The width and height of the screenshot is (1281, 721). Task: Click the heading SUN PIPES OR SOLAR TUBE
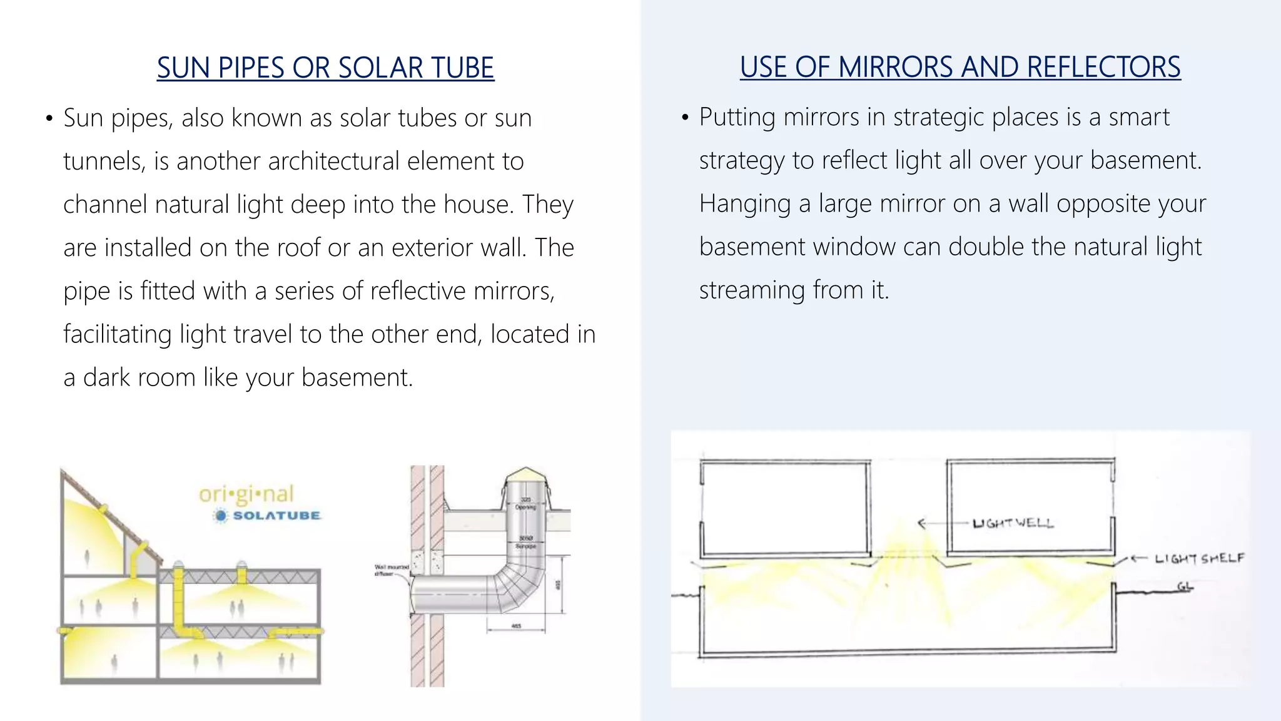(x=325, y=68)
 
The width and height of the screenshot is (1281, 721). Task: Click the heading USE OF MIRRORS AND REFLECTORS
(x=960, y=67)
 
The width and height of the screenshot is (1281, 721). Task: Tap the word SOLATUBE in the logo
(x=276, y=516)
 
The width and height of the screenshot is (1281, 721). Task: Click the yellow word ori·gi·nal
(x=246, y=494)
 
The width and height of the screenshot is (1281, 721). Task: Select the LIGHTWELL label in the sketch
(x=1013, y=523)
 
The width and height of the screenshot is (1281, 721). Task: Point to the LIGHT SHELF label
(x=1199, y=558)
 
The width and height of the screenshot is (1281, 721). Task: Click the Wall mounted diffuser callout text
(x=391, y=570)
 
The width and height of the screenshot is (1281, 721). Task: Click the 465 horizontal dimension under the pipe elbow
(x=516, y=626)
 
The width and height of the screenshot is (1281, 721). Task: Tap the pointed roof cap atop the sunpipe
(x=527, y=476)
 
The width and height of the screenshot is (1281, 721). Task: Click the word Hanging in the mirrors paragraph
(x=744, y=204)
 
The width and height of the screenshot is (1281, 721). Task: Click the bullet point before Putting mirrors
(x=685, y=118)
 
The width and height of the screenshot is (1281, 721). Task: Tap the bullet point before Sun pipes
(x=49, y=118)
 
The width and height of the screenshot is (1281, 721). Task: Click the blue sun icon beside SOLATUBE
(x=220, y=516)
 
